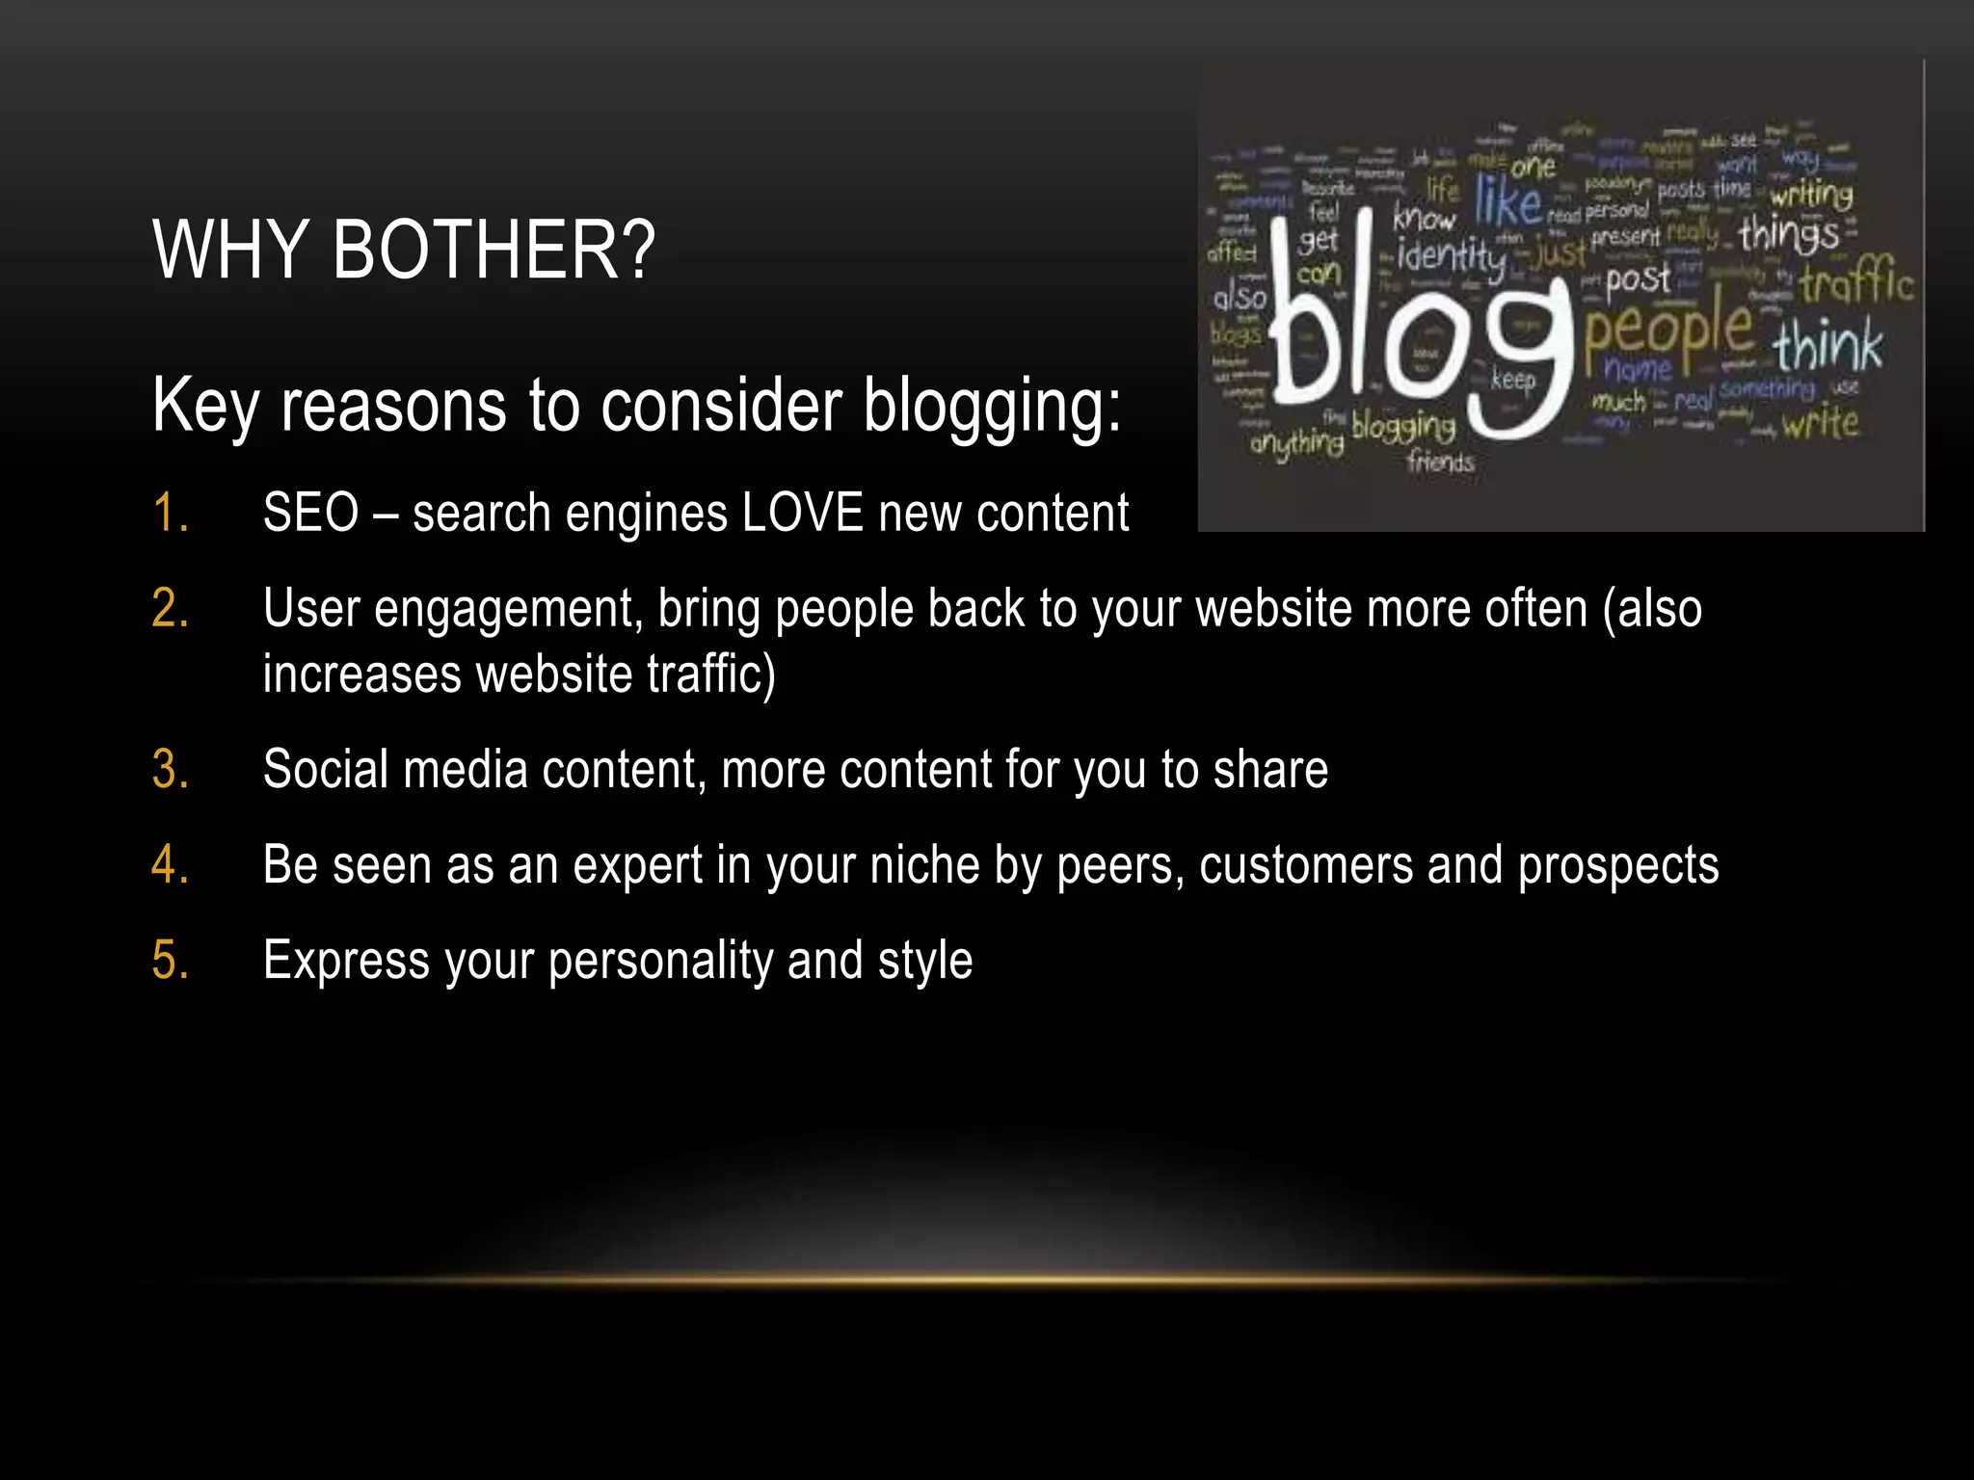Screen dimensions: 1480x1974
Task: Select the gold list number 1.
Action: (x=170, y=513)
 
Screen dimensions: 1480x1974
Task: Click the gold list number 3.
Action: (x=170, y=770)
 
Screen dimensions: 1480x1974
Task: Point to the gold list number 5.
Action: (x=170, y=961)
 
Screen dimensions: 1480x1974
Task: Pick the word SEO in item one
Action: (x=310, y=513)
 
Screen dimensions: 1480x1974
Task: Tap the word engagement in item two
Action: (x=508, y=610)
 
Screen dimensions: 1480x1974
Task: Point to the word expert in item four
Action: (x=637, y=865)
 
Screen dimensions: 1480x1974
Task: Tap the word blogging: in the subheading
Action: (x=992, y=406)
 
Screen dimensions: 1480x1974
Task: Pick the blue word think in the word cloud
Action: (x=1827, y=347)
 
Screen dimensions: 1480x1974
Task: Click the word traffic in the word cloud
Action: (x=1855, y=284)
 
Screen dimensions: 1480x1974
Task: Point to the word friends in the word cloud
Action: (x=1440, y=462)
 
